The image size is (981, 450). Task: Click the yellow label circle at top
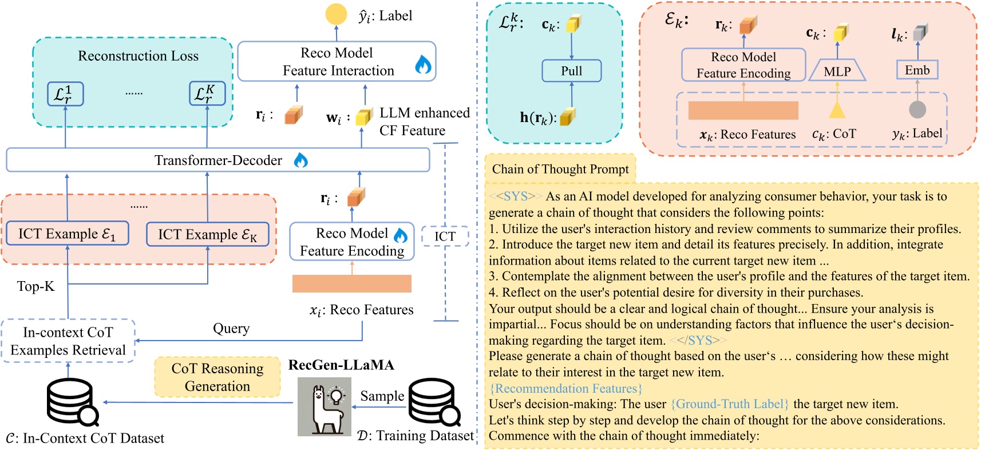(336, 14)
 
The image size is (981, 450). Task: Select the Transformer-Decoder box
(217, 160)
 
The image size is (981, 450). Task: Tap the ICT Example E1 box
(67, 234)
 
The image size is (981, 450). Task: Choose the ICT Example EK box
(207, 235)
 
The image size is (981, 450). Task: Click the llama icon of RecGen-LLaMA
(324, 407)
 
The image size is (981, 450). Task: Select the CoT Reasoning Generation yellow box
(217, 377)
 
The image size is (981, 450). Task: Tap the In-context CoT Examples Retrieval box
(68, 341)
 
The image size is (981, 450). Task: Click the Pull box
(571, 71)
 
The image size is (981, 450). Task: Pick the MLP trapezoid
(837, 71)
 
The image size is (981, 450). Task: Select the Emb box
(917, 70)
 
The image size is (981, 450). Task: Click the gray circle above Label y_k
(917, 109)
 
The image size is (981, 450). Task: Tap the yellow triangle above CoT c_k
(837, 109)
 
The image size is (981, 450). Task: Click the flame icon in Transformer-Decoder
(300, 160)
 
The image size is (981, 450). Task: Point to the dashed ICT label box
(445, 236)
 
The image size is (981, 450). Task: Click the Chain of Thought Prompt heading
(560, 169)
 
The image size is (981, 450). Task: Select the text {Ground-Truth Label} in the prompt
(730, 404)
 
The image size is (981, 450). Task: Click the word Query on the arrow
(231, 328)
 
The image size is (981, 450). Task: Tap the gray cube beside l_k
(920, 33)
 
